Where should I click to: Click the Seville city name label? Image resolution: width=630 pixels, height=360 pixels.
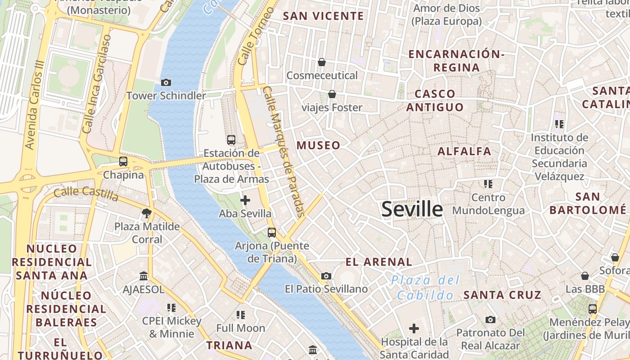[x=412, y=210]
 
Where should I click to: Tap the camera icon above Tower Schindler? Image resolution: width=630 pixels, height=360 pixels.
[x=166, y=82]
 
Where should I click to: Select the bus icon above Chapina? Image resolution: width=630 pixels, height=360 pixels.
[x=123, y=161]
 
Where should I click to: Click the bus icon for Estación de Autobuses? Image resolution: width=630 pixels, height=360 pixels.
[x=231, y=139]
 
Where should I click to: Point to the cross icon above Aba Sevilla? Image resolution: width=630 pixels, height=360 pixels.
[x=245, y=200]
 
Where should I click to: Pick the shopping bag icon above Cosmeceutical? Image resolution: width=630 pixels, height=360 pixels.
[x=322, y=62]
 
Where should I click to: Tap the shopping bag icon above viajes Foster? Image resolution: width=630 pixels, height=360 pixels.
[x=332, y=94]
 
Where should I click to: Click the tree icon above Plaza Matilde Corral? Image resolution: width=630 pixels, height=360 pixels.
[x=146, y=213]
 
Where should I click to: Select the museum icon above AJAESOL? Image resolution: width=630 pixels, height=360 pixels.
[x=144, y=276]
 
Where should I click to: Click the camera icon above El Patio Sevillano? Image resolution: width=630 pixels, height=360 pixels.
[x=326, y=276]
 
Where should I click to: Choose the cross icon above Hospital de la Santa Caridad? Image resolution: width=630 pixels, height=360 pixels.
[x=414, y=328]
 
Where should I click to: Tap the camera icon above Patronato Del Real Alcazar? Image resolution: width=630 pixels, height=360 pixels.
[x=490, y=320]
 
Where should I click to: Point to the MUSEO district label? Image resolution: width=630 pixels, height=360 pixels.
[x=318, y=145]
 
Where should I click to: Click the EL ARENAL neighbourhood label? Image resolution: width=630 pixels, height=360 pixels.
[x=378, y=262]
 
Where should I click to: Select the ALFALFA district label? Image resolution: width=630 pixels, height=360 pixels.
[x=464, y=151]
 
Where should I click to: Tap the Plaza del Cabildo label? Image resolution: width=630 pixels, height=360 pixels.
[x=425, y=288]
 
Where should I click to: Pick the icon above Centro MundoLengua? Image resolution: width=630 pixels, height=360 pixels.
[x=488, y=184]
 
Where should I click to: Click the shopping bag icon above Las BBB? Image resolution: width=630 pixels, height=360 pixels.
[x=585, y=276]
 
